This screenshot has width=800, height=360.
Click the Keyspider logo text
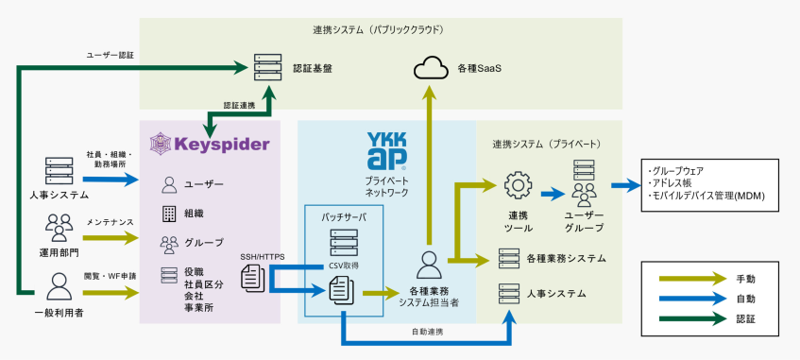223,145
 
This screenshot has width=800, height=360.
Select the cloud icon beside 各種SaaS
430,68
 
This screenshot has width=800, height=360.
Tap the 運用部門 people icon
59,226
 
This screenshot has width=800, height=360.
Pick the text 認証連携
240,105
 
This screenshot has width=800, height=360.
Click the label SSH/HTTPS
262,256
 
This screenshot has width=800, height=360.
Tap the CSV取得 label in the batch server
342,266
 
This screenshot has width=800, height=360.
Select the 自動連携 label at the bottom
429,332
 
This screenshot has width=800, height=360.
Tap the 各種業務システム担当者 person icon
430,264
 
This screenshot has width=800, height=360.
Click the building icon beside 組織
169,213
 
